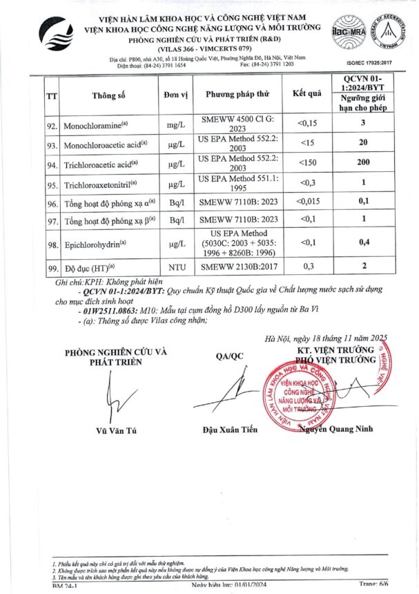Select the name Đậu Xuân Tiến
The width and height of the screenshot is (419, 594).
pyautogui.click(x=230, y=430)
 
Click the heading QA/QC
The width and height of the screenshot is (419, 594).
pyautogui.click(x=230, y=356)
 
